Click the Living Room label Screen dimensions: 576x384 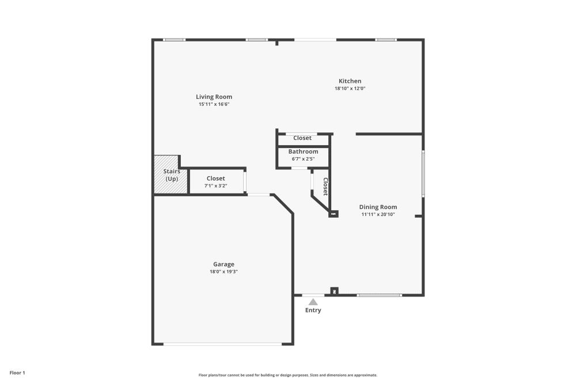coord(214,97)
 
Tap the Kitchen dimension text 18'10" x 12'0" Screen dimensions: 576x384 coord(350,89)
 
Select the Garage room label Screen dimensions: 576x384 coord(223,264)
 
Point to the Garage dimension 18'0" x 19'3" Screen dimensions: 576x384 coord(223,272)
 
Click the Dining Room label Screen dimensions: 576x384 coord(378,207)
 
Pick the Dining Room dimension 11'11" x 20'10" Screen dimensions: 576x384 coord(378,214)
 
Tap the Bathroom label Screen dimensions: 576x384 coord(303,151)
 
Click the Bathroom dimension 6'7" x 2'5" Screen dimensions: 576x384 coord(303,159)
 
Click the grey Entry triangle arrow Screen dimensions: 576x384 coord(313,302)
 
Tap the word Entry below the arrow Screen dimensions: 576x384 coord(313,310)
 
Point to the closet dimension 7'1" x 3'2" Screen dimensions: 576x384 coord(215,186)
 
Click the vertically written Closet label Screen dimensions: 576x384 coord(325,187)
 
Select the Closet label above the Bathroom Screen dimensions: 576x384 coord(302,138)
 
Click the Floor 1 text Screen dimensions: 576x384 coord(17,373)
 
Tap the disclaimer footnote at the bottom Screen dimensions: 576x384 coord(288,375)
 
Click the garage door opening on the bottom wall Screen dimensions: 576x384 coord(222,344)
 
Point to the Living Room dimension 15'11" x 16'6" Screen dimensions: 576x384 coord(214,104)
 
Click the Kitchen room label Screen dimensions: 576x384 coord(350,81)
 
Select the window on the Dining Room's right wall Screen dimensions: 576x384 coord(423,173)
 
